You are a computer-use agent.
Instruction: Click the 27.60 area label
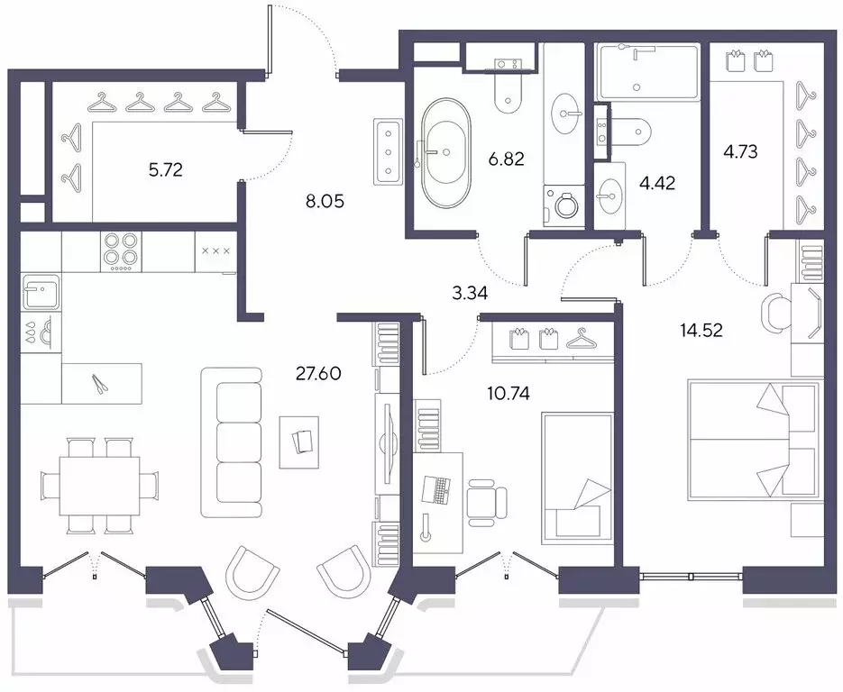point(318,373)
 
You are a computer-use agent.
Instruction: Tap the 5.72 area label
point(166,170)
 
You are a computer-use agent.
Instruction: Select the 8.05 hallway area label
point(325,202)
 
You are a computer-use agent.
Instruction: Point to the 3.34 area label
point(470,294)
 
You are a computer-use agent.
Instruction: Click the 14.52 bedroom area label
point(701,331)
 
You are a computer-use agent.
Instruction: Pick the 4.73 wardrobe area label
point(740,152)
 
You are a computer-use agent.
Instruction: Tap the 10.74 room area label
point(509,394)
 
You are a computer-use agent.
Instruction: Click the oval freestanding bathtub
point(445,152)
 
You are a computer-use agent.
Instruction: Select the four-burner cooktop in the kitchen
point(121,252)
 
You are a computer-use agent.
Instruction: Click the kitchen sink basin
point(41,291)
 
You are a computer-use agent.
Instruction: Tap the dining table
point(99,486)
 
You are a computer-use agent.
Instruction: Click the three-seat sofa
point(232,442)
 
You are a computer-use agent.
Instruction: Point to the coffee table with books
point(299,442)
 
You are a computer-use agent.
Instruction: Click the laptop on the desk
point(436,489)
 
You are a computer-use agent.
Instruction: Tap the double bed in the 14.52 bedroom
point(756,441)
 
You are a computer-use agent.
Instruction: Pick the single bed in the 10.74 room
point(577,478)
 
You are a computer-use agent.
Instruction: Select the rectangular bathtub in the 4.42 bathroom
point(649,72)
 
